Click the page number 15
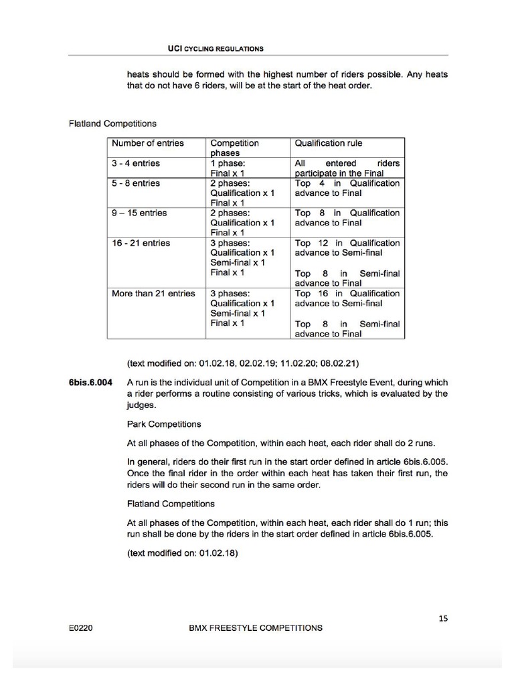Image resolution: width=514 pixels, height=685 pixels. point(443,618)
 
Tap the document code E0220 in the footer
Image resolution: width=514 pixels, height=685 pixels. point(80,628)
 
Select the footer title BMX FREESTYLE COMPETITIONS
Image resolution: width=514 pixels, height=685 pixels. point(256,628)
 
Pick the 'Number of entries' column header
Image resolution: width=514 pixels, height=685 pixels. point(147,143)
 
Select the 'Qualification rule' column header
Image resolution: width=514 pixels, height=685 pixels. point(328,143)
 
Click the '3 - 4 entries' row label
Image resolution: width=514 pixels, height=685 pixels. point(136,163)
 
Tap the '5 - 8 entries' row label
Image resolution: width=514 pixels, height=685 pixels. point(136,183)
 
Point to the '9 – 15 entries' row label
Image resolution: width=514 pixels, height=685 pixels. point(139,213)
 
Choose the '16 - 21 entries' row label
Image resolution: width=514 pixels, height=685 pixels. point(141,243)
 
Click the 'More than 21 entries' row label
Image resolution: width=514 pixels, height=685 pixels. point(153,294)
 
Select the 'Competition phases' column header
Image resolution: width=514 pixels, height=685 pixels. point(234,148)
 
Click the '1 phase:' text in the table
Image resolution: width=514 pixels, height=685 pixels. point(229,163)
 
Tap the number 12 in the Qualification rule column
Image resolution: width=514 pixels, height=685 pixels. point(323,243)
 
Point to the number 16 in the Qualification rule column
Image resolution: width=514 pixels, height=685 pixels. point(323,294)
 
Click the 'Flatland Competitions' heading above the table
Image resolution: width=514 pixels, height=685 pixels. point(112,124)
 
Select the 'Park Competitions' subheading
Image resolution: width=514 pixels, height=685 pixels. point(164,424)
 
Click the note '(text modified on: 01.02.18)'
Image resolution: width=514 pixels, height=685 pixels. point(183,553)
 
